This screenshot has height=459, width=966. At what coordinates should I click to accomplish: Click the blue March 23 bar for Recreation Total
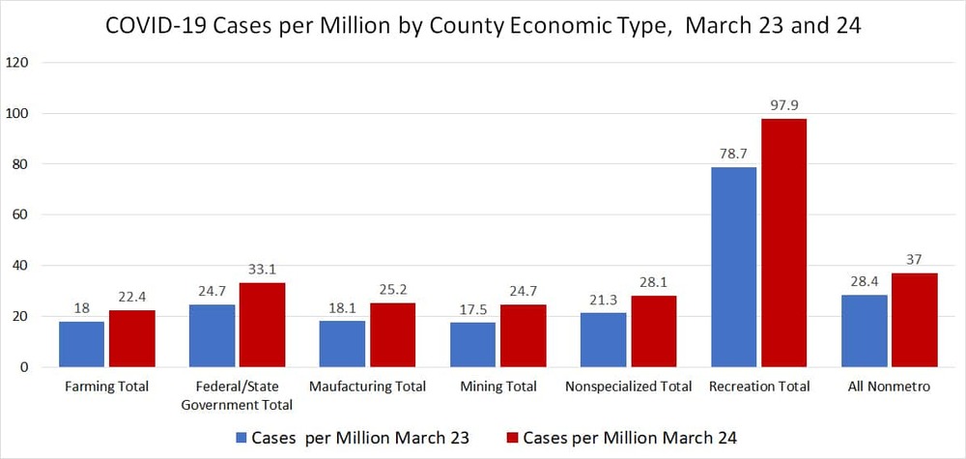733,268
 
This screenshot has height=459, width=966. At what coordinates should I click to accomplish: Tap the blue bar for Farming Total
82,344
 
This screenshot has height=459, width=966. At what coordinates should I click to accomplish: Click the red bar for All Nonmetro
914,320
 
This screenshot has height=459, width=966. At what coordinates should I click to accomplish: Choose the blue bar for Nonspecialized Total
603,340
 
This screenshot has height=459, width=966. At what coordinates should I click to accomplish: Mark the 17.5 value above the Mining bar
473,309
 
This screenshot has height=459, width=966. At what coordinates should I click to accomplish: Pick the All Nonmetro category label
889,387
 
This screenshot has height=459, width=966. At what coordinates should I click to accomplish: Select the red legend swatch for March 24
512,438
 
